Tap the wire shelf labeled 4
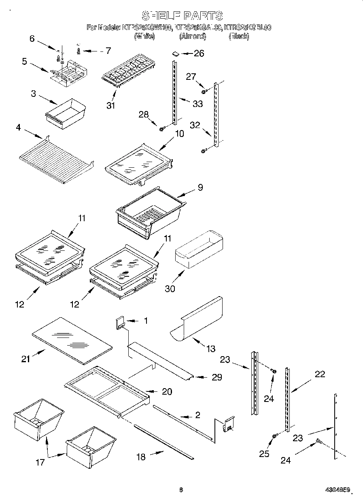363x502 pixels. [56, 156]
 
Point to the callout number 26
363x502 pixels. [199, 53]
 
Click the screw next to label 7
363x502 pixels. [79, 51]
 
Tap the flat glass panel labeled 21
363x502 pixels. [71, 339]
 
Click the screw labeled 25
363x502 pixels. [274, 436]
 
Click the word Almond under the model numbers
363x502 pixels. [193, 36]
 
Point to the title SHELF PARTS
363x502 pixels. [182, 16]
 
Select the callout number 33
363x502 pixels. [197, 104]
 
